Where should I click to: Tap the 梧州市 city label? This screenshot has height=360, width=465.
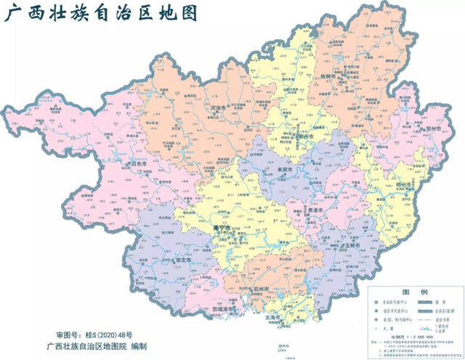(403, 187)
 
